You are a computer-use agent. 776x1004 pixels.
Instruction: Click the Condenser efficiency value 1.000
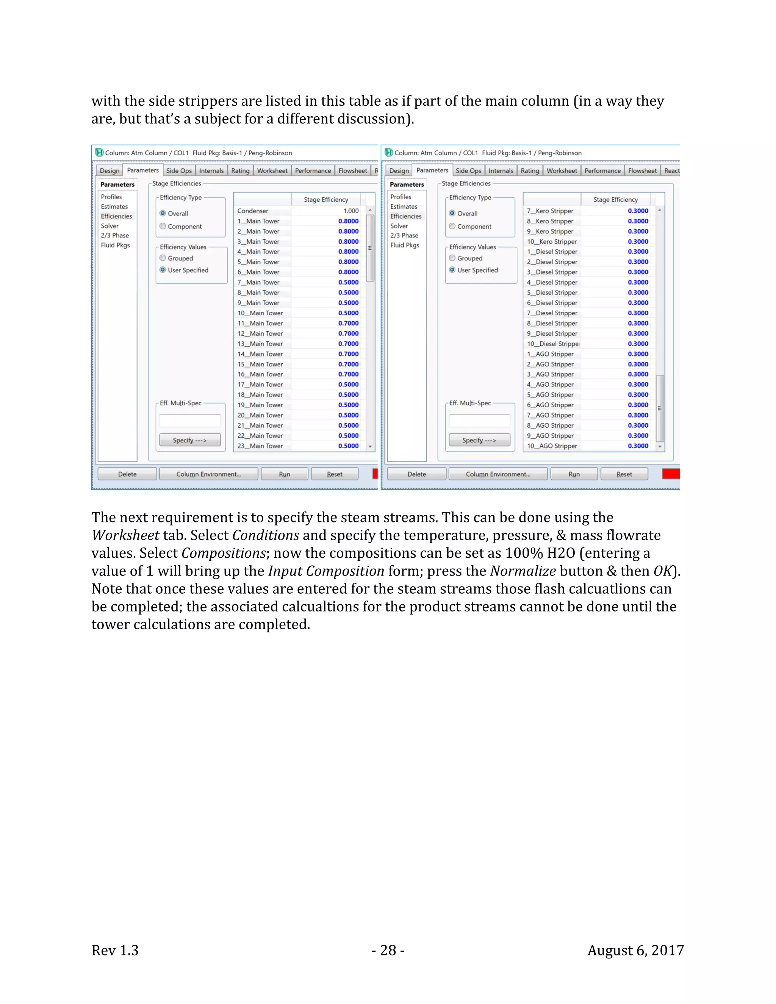coord(351,211)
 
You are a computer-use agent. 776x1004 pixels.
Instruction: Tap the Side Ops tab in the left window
coord(179,170)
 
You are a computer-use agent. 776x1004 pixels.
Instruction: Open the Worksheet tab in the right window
coord(561,170)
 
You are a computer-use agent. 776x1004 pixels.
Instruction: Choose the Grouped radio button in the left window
coord(163,258)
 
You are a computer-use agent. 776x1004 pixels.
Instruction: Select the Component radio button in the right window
coord(452,226)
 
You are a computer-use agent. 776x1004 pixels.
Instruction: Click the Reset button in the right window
coord(624,474)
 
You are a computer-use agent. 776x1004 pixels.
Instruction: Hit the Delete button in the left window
coord(127,474)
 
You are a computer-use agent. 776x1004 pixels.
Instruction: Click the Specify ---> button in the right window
coord(479,440)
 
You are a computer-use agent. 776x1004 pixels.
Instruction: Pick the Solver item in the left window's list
coord(110,226)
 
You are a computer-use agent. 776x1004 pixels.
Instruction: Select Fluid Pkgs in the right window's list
coord(405,245)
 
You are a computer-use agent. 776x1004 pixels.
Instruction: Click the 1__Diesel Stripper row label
coord(552,252)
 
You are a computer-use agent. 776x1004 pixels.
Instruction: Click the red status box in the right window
coord(670,474)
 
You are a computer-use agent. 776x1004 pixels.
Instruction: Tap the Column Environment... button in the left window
coord(208,474)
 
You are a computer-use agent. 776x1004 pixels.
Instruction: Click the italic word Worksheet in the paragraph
coord(125,535)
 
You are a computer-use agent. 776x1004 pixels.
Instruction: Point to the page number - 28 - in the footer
coord(388,950)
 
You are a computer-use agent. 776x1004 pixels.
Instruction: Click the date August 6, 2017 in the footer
coord(635,950)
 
